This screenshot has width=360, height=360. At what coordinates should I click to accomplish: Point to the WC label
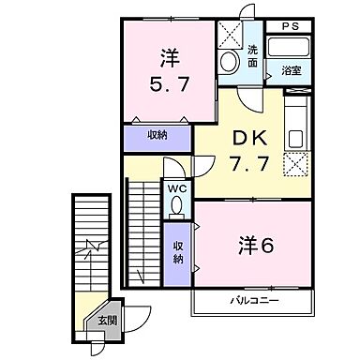(177, 188)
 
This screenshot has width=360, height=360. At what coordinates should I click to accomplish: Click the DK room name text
(249, 138)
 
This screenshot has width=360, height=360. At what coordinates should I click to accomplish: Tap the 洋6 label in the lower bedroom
(255, 247)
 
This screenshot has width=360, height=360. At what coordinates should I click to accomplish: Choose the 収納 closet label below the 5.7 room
(157, 136)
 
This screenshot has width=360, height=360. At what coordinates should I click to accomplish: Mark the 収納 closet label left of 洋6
(177, 252)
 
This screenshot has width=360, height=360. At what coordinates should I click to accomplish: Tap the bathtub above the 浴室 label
(288, 49)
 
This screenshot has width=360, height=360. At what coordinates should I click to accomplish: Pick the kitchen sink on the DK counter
(296, 138)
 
